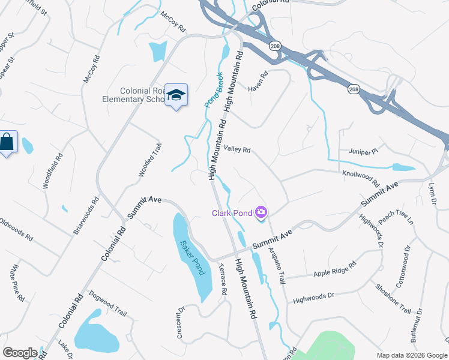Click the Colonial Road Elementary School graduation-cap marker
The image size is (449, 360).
click(x=176, y=95)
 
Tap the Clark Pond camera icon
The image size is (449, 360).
click(x=261, y=212)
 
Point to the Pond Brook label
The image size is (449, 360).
click(x=213, y=95)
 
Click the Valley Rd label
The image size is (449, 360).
click(x=237, y=149)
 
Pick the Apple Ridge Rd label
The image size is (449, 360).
click(x=334, y=269)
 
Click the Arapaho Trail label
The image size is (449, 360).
click(x=277, y=253)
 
